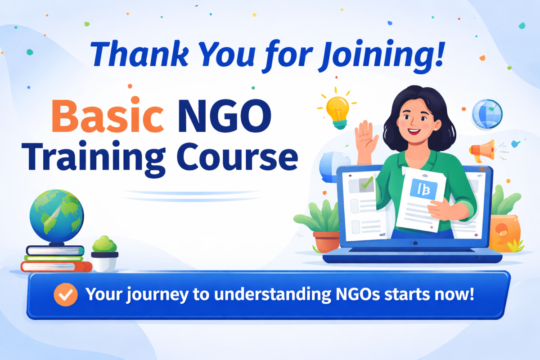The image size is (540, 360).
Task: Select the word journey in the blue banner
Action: tap(153, 296)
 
